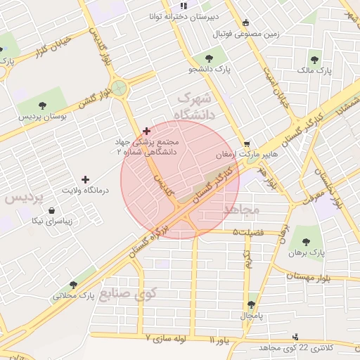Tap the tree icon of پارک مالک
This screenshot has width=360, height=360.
pos(314,59)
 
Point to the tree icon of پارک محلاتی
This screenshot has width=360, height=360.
pos(73,284)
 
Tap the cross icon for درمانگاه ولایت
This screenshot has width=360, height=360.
pos(86,180)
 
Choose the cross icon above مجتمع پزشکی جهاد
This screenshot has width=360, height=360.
pos(146,131)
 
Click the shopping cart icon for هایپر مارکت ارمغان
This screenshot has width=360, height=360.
pos(245,143)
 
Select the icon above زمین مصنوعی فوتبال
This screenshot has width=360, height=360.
pos(245,22)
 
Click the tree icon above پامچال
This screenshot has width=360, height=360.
pos(251,305)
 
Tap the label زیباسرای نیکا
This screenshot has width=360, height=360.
pos(44,220)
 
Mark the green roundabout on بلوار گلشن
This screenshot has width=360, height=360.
pos(119,88)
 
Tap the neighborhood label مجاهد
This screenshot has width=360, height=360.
pos(241,210)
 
